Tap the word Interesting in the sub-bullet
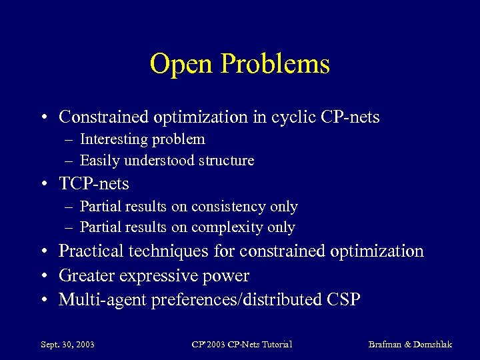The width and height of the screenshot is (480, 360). pos(113,139)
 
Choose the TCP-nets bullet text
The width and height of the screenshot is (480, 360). pos(94,183)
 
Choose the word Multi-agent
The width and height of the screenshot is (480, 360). pos(102,300)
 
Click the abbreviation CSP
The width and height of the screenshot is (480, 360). pos(343,300)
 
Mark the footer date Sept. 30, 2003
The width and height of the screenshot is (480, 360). pos(67,345)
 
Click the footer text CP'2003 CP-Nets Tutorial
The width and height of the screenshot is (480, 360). pos(241,345)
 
